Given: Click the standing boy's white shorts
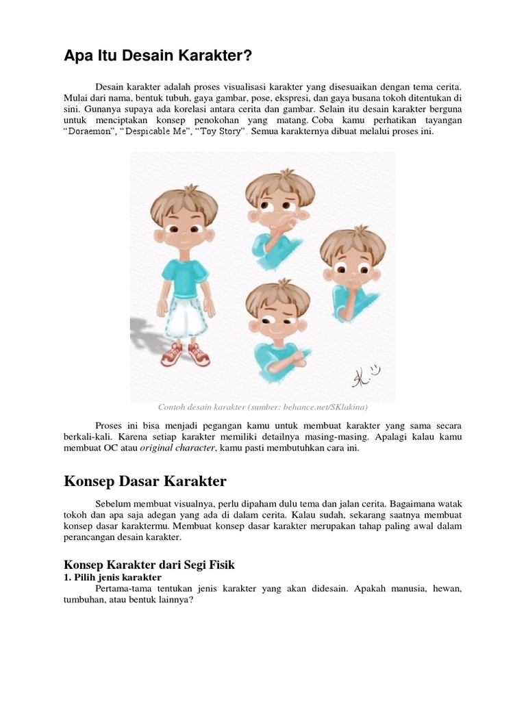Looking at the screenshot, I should point(186,312).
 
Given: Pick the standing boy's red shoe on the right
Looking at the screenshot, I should point(199,353).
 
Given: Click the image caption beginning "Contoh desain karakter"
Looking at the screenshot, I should point(262,408).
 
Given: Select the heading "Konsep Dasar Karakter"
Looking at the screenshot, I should point(145,481).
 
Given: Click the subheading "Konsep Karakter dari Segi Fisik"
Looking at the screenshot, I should point(149,565).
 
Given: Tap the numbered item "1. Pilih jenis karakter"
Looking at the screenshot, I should point(112,578).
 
